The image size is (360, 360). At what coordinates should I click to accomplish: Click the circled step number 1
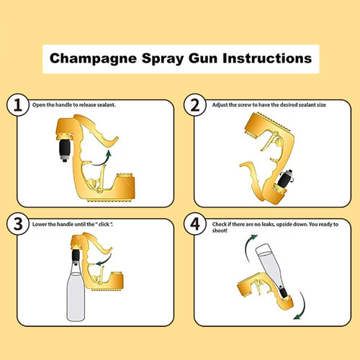[x=19, y=106]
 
